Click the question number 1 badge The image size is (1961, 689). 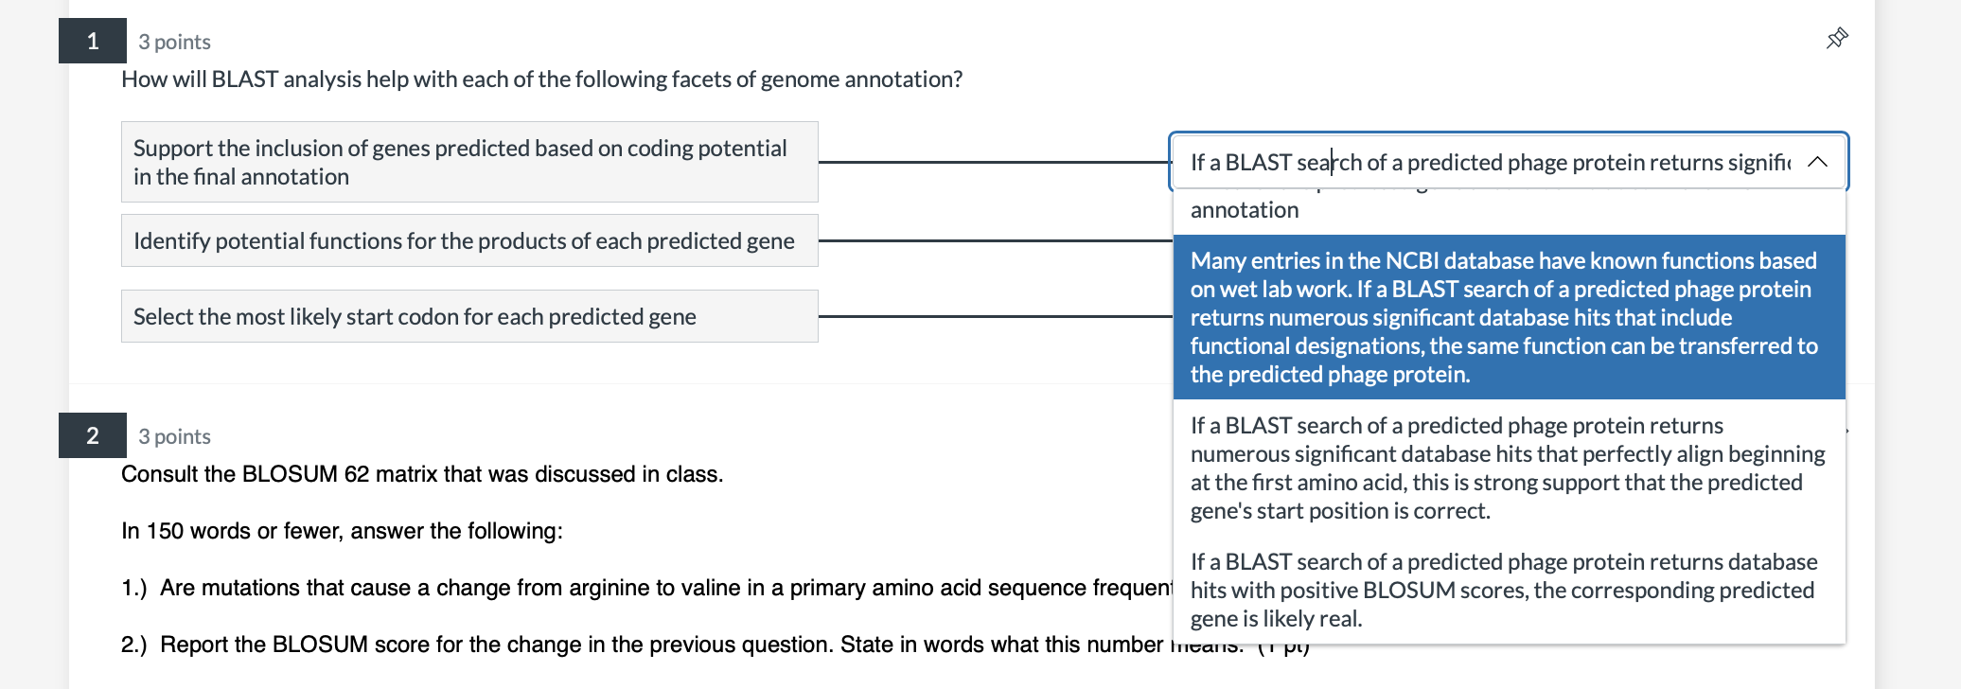tap(93, 41)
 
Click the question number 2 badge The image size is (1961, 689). tap(93, 435)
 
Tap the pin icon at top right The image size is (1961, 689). tap(1836, 39)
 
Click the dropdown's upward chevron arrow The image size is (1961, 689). tap(1816, 162)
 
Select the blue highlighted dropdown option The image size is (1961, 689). tap(1509, 317)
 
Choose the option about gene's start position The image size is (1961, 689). tap(1509, 468)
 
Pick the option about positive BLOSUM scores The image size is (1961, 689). tap(1509, 590)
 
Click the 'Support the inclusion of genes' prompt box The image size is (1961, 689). tap(469, 162)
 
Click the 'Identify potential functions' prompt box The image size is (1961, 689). tap(469, 240)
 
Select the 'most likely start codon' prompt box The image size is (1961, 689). tap(469, 316)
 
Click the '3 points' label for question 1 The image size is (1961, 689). tap(174, 42)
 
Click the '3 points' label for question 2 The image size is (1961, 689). tap(174, 436)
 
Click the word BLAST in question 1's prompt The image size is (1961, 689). tap(244, 79)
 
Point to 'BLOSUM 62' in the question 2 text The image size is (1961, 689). tap(305, 474)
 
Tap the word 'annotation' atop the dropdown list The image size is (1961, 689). tap(1244, 210)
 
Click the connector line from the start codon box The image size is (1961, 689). tap(994, 316)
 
